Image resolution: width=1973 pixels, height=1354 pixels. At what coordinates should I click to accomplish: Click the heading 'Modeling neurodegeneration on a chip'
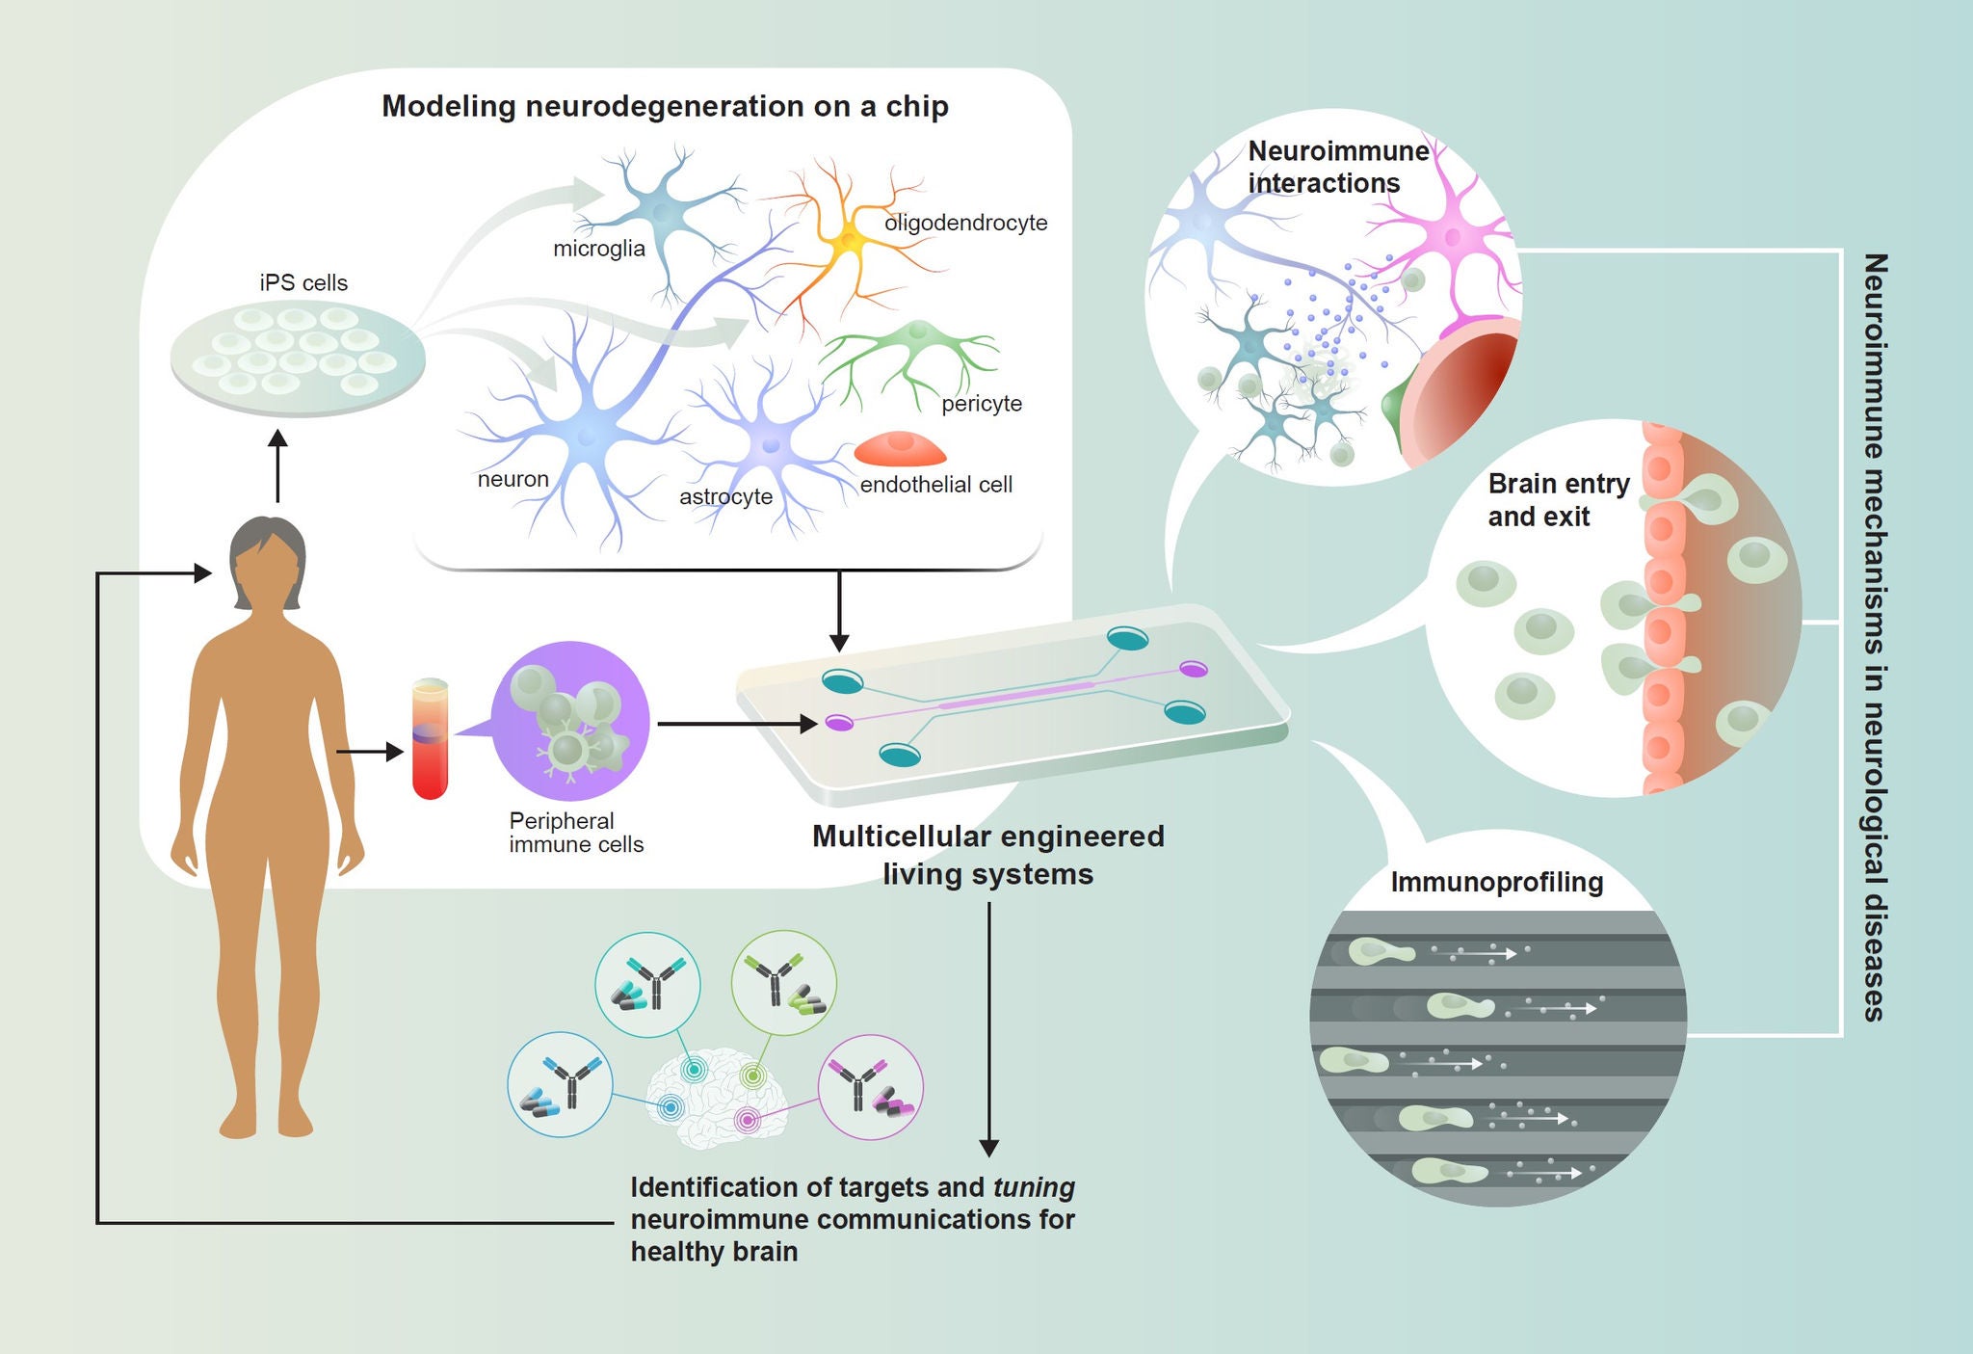point(665,106)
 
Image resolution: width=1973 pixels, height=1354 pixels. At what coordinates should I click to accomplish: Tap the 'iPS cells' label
point(303,282)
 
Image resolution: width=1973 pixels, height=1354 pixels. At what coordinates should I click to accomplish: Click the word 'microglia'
point(598,249)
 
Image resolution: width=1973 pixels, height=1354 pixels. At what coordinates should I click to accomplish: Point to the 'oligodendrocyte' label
point(965,223)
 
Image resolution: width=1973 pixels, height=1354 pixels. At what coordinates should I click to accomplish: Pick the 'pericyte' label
point(982,404)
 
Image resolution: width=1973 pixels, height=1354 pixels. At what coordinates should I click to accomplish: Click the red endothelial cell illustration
point(901,448)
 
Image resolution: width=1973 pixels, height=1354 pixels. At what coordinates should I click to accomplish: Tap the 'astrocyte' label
point(725,497)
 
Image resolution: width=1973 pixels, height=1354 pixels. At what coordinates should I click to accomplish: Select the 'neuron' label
point(513,479)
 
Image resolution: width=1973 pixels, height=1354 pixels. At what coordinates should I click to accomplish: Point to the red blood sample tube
point(430,739)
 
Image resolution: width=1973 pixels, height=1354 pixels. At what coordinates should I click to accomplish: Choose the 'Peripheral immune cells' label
point(576,833)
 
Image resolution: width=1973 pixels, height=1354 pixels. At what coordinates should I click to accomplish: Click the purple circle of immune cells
point(570,721)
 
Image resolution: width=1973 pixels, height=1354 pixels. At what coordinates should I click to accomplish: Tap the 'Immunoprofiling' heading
point(1496,883)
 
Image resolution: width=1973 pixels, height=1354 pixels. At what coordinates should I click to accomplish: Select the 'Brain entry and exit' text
point(1559,500)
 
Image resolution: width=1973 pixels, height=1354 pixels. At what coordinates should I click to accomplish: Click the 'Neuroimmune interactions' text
point(1338,167)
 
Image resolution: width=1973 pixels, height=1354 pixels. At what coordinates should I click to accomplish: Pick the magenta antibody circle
point(871,1088)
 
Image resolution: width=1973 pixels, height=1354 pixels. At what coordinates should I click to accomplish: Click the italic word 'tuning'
point(1034,1187)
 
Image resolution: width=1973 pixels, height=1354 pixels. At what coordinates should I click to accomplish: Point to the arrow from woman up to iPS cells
point(278,466)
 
